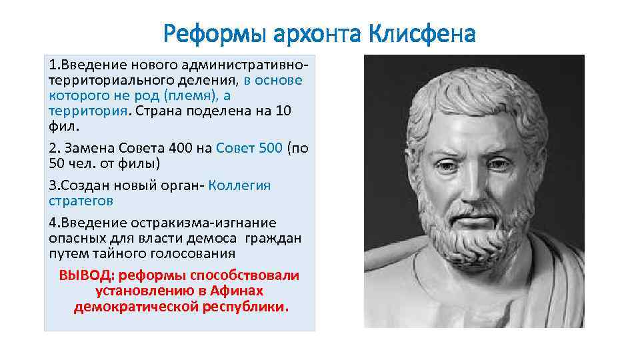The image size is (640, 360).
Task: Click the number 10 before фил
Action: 283,110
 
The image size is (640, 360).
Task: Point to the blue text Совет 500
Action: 249,148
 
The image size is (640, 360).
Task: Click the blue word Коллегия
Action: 239,185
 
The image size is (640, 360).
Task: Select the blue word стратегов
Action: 81,200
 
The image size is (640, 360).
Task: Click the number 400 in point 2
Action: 185,148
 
